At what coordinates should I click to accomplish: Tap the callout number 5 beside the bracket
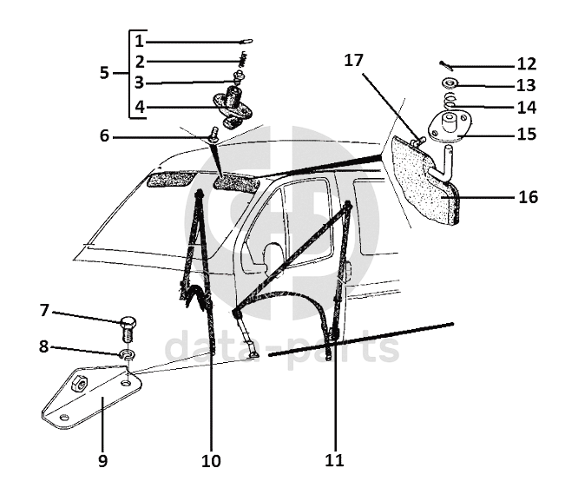(103, 73)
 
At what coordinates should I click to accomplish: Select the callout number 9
(102, 461)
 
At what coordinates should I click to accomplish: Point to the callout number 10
(211, 460)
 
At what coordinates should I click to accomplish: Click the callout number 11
(334, 460)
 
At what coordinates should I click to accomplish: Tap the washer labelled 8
(128, 354)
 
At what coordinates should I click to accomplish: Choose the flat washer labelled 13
(450, 83)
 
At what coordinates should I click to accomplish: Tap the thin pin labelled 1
(245, 41)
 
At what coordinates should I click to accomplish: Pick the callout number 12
(526, 64)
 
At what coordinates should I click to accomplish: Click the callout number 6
(103, 136)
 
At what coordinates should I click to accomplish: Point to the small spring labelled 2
(244, 60)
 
